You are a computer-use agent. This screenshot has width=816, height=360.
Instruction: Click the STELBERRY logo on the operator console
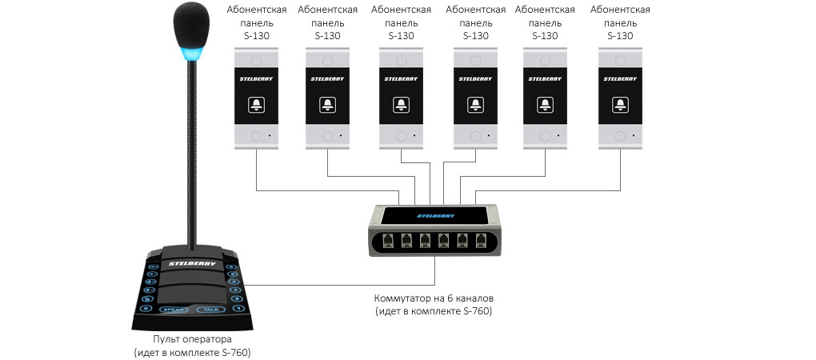188,262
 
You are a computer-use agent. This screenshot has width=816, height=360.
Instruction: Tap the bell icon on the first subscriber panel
256,105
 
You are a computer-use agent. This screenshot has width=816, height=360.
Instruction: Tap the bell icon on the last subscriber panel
620,105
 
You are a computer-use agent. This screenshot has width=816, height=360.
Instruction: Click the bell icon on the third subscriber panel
401,105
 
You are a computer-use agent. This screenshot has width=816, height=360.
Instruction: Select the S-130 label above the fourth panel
475,36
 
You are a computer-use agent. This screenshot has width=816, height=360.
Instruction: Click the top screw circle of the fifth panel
545,59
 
